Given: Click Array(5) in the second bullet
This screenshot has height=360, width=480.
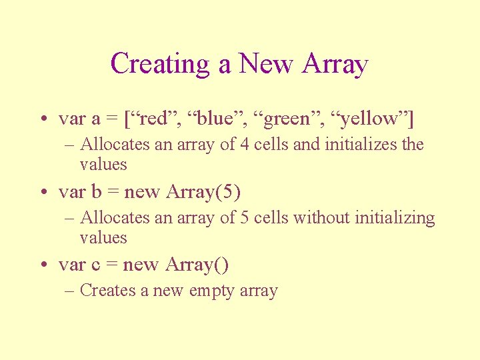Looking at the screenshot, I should pyautogui.click(x=203, y=192).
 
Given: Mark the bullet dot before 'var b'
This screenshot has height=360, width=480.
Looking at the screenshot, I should pyautogui.click(x=42, y=193).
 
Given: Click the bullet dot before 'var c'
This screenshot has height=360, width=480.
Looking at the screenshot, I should pyautogui.click(x=42, y=266).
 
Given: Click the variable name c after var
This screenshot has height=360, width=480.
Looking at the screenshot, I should pyautogui.click(x=95, y=265).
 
